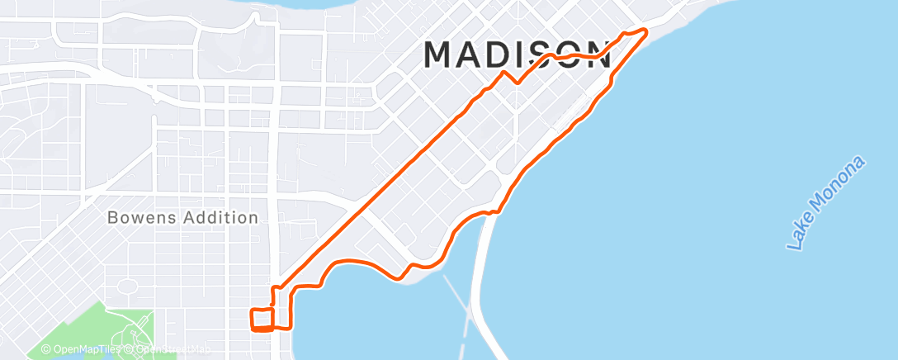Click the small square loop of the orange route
tap(262, 319)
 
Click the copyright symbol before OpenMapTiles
tap(46, 350)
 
